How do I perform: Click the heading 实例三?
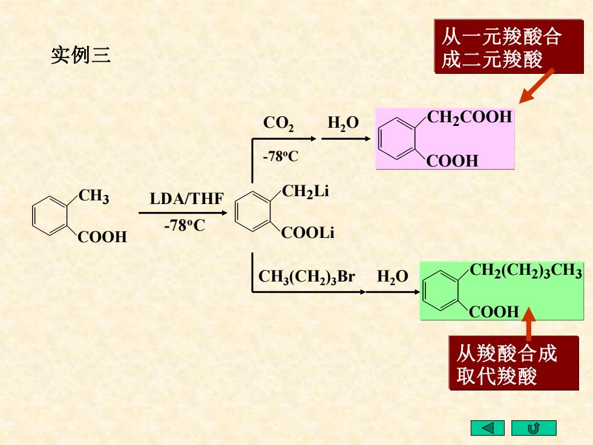(80, 55)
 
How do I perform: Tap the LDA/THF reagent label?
(186, 199)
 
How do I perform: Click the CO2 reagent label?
(278, 124)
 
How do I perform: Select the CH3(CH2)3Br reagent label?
(306, 277)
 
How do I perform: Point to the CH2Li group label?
(305, 192)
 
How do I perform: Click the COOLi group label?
(307, 232)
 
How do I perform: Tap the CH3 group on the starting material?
(94, 197)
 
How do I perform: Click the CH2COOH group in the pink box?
(470, 117)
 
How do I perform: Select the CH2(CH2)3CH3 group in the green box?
(526, 271)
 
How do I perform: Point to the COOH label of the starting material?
(102, 237)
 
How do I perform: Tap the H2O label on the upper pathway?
(343, 124)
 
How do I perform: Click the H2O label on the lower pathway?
(393, 277)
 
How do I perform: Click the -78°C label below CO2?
(281, 156)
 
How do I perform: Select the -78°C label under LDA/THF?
(185, 225)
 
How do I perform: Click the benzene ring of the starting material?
(50, 216)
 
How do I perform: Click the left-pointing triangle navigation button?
(488, 428)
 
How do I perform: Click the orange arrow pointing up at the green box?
(528, 325)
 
